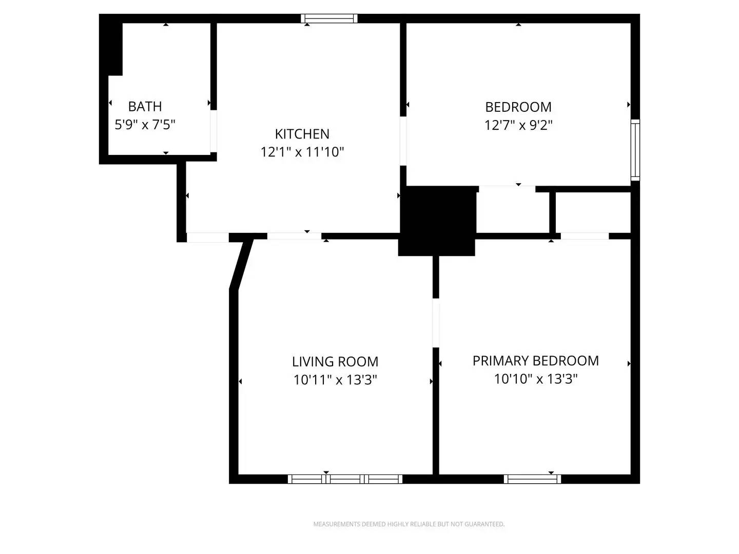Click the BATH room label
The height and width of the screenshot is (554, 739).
coord(145,106)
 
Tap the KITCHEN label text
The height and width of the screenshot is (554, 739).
coord(302,134)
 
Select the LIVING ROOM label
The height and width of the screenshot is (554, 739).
coord(335,362)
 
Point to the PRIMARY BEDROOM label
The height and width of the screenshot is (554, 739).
coord(535,361)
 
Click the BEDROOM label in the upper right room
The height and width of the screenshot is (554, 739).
coord(518,107)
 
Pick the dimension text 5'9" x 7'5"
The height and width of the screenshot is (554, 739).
coord(145,125)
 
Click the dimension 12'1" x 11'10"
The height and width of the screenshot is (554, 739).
coord(302,152)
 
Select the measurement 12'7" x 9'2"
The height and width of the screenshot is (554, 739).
coord(518,125)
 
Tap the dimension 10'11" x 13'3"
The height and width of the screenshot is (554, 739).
coord(335,380)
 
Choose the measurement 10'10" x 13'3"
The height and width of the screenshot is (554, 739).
coord(535,379)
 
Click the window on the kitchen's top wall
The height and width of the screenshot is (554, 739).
coord(329,18)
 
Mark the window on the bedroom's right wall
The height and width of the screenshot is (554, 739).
coord(635,150)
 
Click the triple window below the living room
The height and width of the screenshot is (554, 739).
coord(345,479)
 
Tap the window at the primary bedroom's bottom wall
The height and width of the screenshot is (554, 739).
coord(532,479)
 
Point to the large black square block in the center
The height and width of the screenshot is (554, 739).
coord(437,221)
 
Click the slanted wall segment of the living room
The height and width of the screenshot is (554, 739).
coord(241,264)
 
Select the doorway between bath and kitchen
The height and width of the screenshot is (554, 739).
coord(213,131)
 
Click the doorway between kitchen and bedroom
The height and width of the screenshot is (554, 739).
coord(403,141)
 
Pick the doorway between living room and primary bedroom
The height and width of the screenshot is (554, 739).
coord(436,323)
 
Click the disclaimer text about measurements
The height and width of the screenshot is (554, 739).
coord(409,524)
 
